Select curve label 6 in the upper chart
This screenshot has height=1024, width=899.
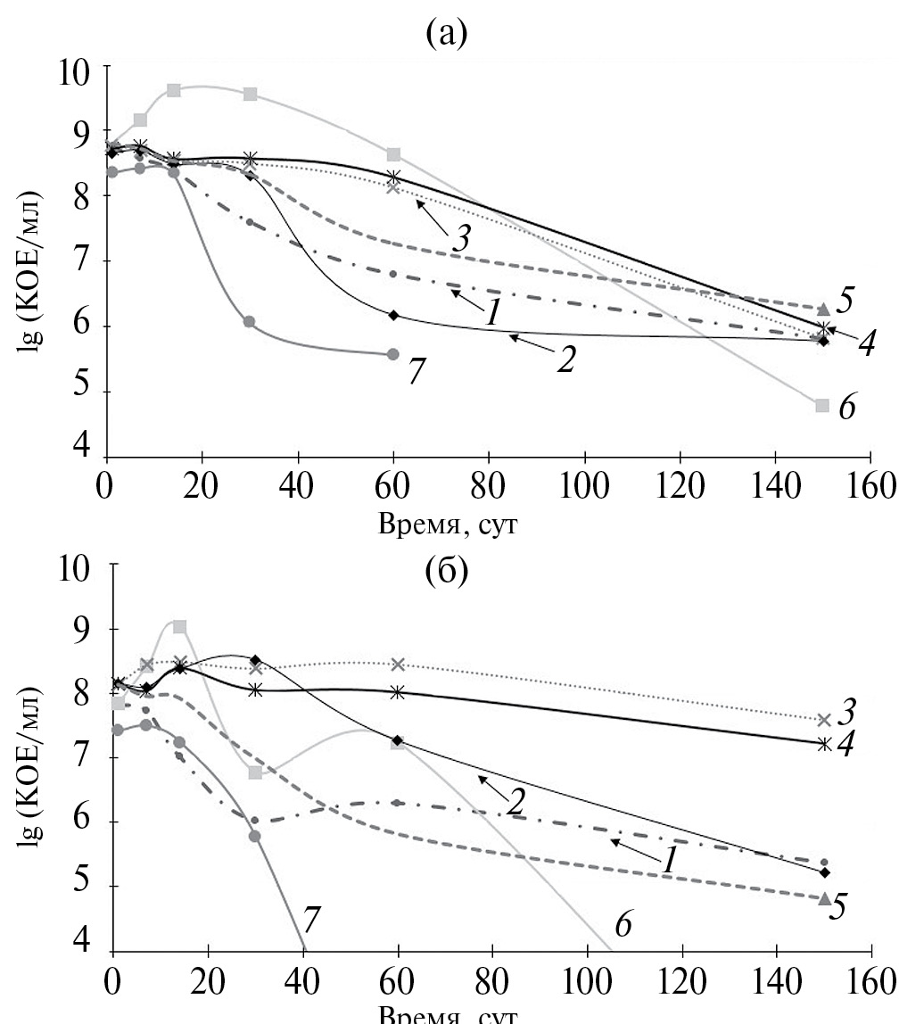click(847, 409)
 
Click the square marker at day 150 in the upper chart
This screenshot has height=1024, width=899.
click(822, 405)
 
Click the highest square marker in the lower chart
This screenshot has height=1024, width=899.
click(180, 627)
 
